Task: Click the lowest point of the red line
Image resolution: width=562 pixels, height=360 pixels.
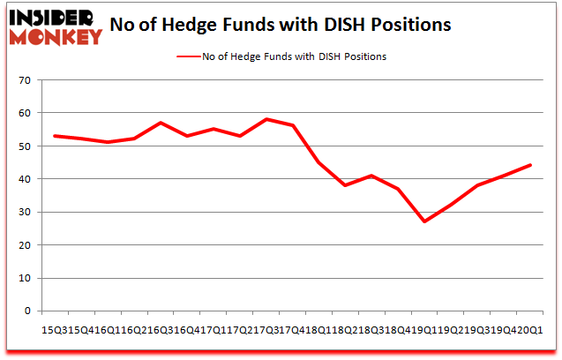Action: pyautogui.click(x=424, y=221)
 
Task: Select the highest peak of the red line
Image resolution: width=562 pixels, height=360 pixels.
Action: pyautogui.click(x=266, y=119)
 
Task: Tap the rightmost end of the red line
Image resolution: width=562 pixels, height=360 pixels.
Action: pyautogui.click(x=530, y=165)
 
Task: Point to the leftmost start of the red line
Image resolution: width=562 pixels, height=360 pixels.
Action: pyautogui.click(x=54, y=136)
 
